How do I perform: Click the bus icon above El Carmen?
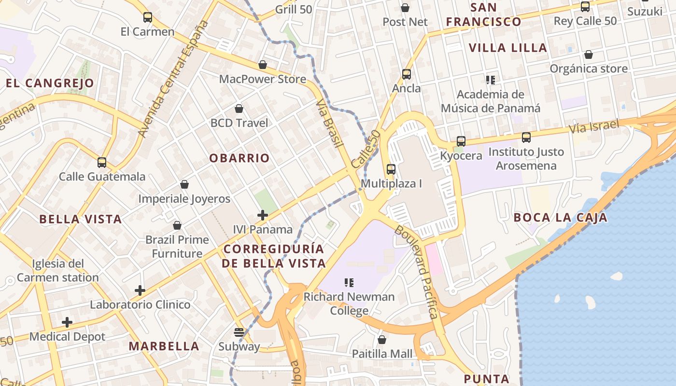coord(148,18)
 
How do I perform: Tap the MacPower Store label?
coord(263,79)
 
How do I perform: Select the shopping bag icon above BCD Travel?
coord(239,109)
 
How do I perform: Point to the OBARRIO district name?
coord(239,158)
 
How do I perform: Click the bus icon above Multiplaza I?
coord(391,169)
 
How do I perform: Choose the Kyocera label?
coord(461,156)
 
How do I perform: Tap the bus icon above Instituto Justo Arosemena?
coord(526,138)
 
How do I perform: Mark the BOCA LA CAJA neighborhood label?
coord(560,218)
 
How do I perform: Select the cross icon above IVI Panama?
coord(263,215)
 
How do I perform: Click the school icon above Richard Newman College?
coord(349,282)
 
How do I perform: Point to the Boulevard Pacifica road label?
coord(416,272)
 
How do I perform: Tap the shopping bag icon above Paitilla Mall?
coord(382,340)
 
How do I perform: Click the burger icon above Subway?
coord(239,332)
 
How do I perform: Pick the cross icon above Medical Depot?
coord(67,322)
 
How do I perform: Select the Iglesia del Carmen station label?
coord(58,271)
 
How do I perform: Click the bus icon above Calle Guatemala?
coord(101,163)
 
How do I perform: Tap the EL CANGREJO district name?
coord(50,83)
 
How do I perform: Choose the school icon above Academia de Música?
coord(491,80)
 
